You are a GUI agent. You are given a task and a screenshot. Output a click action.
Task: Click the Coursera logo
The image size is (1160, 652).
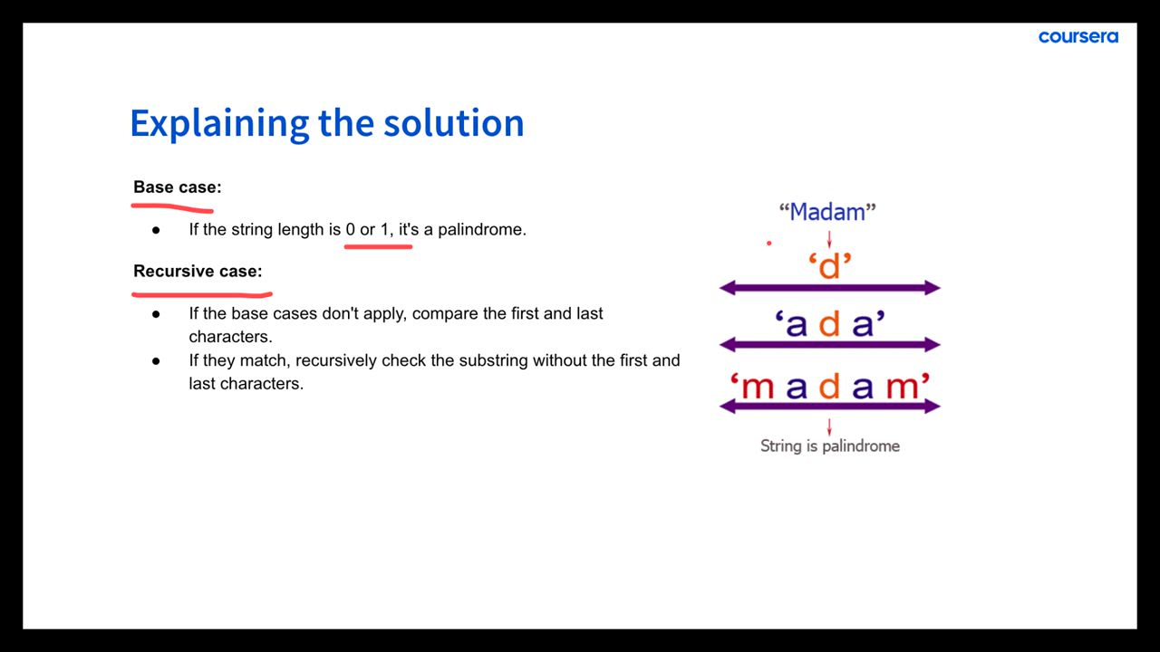[x=1078, y=37]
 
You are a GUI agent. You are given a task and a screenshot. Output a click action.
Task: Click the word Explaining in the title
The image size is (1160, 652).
[x=219, y=124]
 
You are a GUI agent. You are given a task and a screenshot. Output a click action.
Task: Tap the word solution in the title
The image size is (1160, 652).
[x=454, y=123]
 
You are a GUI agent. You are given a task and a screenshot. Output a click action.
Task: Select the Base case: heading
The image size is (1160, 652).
[x=177, y=187]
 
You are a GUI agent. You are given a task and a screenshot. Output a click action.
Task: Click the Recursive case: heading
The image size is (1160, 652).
[x=198, y=271]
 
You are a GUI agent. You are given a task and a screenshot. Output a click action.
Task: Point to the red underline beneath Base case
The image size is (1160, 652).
[x=172, y=208]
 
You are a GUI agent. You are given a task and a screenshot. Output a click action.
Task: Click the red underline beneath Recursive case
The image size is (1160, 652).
[x=202, y=295]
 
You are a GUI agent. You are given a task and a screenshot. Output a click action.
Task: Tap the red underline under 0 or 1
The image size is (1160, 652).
[x=378, y=247]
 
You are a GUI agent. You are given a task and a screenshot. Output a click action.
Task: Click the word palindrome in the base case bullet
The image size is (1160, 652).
[x=481, y=229]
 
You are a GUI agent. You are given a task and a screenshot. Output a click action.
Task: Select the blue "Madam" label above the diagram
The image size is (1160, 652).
[x=827, y=212]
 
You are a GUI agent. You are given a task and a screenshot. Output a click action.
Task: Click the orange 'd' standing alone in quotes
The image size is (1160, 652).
[x=830, y=266]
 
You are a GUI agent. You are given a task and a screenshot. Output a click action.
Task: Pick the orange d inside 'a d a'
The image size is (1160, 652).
[x=829, y=324]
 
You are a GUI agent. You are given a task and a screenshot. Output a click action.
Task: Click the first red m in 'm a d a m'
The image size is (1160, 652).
[x=758, y=387]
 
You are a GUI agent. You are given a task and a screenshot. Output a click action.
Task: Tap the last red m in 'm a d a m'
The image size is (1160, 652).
[x=902, y=387]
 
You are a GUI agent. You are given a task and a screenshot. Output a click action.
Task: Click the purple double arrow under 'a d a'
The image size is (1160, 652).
[x=829, y=345]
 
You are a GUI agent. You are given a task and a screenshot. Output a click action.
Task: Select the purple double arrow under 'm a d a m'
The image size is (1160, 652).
[x=829, y=407]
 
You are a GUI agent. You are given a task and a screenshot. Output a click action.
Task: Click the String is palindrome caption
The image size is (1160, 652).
[x=829, y=446]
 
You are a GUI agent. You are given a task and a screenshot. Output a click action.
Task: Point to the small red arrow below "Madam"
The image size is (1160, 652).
[x=829, y=239]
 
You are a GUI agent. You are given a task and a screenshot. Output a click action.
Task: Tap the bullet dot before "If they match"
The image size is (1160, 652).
[x=156, y=360]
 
